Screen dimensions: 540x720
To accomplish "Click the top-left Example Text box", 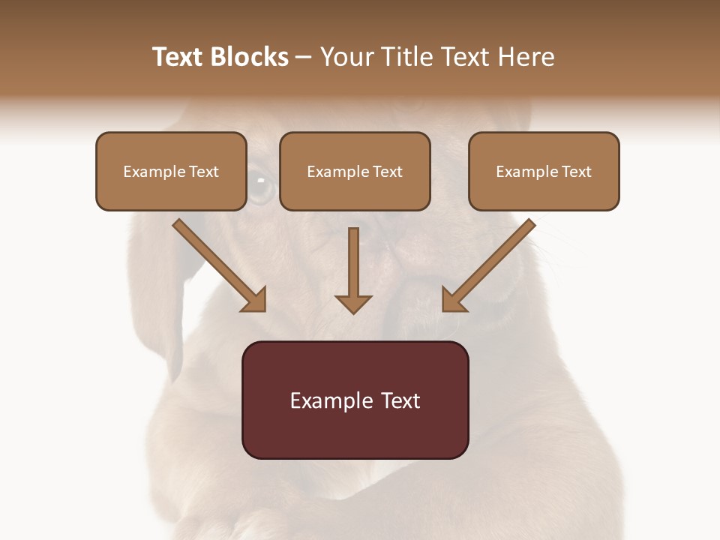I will point(171,171).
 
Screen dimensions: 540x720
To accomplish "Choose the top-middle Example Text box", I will point(355,171).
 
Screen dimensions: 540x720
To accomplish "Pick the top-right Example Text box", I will point(544,171).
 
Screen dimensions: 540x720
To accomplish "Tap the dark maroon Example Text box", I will point(355,400).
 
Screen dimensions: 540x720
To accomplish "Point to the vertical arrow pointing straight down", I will point(353,270).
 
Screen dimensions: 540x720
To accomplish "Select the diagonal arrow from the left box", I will point(218,265).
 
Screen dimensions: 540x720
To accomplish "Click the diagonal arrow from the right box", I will point(489,265).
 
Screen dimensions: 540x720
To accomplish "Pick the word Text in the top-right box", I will point(576,172).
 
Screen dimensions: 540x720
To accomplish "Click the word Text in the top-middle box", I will point(387,172).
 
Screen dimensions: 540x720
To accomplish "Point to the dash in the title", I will point(304,57).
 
